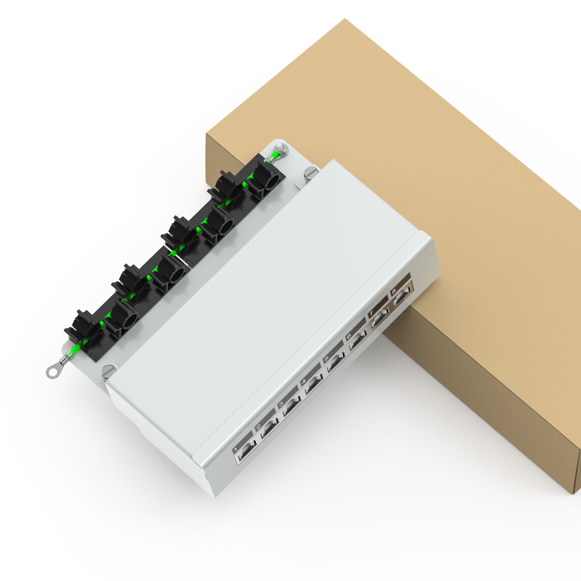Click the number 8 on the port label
coord(394,291)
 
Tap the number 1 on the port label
coord(236,450)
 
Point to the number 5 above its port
coord(327,359)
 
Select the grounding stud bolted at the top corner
coord(280,149)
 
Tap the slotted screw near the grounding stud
coord(310,173)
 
